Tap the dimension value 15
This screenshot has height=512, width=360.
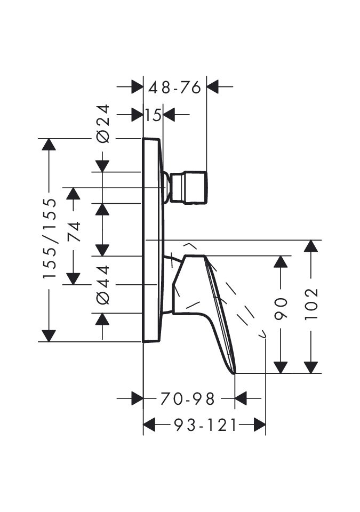click(x=153, y=114)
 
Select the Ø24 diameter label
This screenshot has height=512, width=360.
click(x=103, y=123)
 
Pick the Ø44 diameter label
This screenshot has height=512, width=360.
click(x=103, y=285)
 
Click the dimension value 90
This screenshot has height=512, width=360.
click(x=281, y=309)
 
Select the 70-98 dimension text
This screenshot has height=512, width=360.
click(x=188, y=398)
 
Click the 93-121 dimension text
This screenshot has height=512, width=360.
click(x=205, y=425)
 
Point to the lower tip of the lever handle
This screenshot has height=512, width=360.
click(x=233, y=372)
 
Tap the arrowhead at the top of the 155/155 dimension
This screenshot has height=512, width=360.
click(x=49, y=145)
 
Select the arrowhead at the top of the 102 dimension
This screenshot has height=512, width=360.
click(x=311, y=246)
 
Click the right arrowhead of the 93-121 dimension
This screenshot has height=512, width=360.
click(x=260, y=425)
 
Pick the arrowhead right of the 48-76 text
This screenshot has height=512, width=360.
click(x=213, y=87)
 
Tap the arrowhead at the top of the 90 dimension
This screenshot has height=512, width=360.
click(x=281, y=262)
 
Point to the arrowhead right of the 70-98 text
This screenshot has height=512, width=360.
click(x=241, y=398)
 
